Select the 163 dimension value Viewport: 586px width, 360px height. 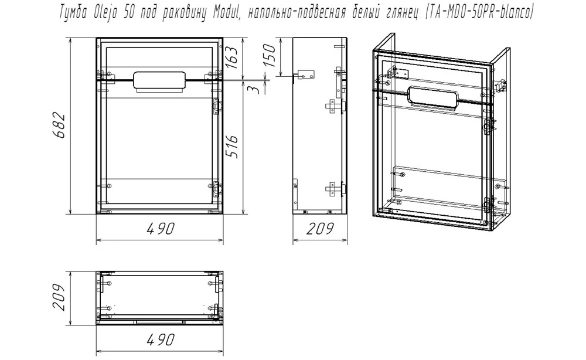pyautogui.click(x=231, y=57)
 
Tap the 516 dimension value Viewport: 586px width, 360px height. pyautogui.click(x=231, y=147)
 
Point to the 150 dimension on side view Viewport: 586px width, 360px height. pyautogui.click(x=270, y=55)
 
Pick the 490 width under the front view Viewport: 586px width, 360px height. pyautogui.click(x=160, y=229)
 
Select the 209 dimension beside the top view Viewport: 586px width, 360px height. pyautogui.click(x=59, y=297)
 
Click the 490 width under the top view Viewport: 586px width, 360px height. pyautogui.click(x=160, y=339)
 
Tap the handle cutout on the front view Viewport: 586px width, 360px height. pyautogui.click(x=160, y=80)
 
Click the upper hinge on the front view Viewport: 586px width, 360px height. pyautogui.click(x=216, y=106)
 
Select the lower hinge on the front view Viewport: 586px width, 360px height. pyautogui.click(x=216, y=189)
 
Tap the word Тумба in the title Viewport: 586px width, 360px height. pyautogui.click(x=74, y=14)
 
